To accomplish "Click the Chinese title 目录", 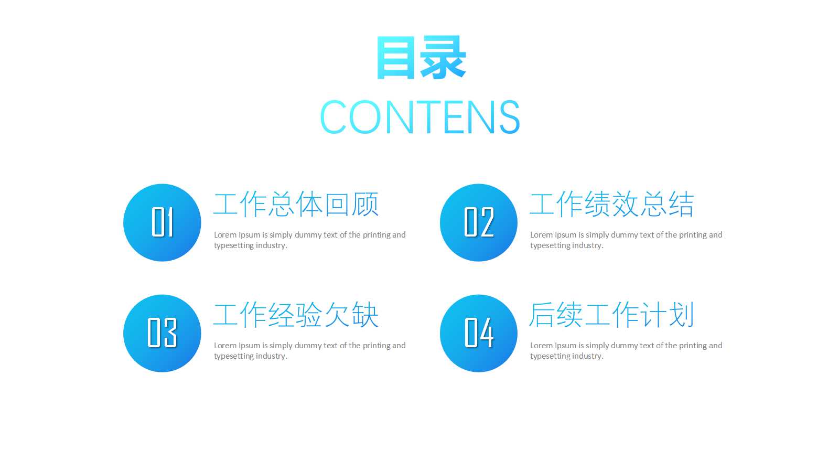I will pyautogui.click(x=421, y=58).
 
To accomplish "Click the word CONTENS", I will pyautogui.click(x=419, y=117).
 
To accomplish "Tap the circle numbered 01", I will pyautogui.click(x=162, y=222).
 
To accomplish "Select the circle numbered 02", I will pyautogui.click(x=478, y=222).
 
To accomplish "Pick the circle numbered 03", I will pyautogui.click(x=162, y=333).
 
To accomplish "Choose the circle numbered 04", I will pyautogui.click(x=478, y=333).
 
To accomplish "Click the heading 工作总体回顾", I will pyautogui.click(x=296, y=204).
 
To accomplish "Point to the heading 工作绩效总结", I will pyautogui.click(x=611, y=204).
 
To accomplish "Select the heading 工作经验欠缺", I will pyautogui.click(x=296, y=315).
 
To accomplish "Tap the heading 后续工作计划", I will pyautogui.click(x=611, y=315).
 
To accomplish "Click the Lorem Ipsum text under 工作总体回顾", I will pyautogui.click(x=309, y=240).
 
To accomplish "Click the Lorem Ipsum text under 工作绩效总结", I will pyautogui.click(x=626, y=240).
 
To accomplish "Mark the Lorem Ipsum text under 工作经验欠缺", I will pyautogui.click(x=309, y=350).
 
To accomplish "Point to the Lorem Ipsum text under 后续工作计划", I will pyautogui.click(x=626, y=350).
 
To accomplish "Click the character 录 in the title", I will pyautogui.click(x=443, y=58).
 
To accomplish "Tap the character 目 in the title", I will pyautogui.click(x=396, y=58).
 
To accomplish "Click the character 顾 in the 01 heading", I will pyautogui.click(x=365, y=204).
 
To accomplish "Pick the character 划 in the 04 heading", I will pyautogui.click(x=681, y=315).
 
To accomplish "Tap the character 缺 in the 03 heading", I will pyautogui.click(x=365, y=315).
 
